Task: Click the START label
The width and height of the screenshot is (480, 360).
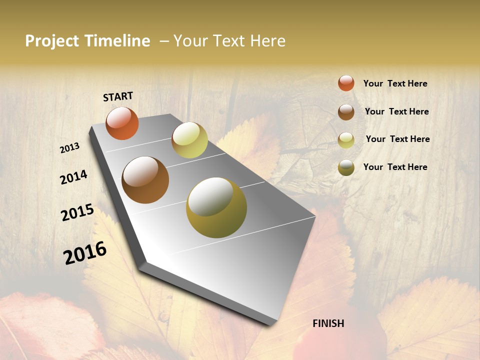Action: pos(118,96)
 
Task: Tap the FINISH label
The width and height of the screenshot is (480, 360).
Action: pos(328,323)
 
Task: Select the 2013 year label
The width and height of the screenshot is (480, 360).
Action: pos(70,148)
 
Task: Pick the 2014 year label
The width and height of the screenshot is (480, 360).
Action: pos(73,177)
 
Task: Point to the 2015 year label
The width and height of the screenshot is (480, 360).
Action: pos(77,212)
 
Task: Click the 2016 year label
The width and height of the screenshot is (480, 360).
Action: pos(85,253)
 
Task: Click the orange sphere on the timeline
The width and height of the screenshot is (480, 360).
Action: pos(122,123)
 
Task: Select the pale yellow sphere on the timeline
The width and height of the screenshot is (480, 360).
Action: pos(189,140)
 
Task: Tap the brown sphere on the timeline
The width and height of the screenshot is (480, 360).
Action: pos(145,180)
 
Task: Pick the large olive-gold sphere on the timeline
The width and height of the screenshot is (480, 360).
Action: pos(216,207)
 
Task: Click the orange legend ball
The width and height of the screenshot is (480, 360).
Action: pos(346,83)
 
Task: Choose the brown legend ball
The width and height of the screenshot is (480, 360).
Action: pos(346,112)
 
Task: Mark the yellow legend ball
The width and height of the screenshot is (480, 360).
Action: pos(346,140)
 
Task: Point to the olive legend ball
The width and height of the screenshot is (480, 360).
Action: pos(346,167)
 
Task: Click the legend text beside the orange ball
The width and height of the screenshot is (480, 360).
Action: pos(395,84)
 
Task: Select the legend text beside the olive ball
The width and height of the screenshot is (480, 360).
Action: pos(395,167)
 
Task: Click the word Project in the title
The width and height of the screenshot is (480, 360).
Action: pos(52,41)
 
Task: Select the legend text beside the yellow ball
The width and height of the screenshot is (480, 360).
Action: pos(397,139)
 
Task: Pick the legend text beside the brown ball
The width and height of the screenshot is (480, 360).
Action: pos(396,111)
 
